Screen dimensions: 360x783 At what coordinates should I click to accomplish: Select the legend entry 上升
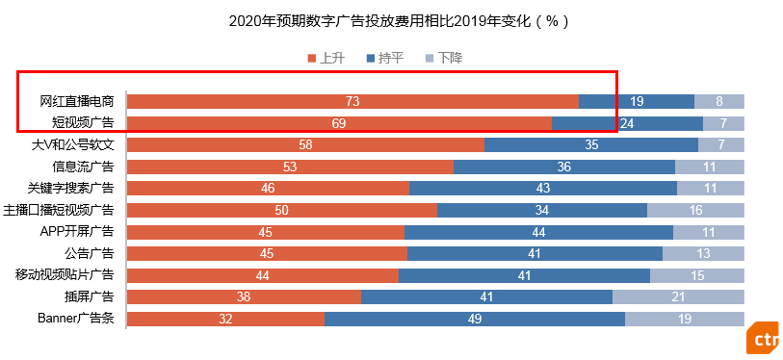tap(326, 59)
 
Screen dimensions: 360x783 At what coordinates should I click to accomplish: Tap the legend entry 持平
tap(385, 59)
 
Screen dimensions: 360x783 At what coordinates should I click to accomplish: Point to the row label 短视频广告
tap(83, 122)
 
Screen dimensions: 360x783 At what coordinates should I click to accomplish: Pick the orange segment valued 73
tap(352, 101)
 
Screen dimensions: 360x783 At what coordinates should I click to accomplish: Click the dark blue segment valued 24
tap(627, 123)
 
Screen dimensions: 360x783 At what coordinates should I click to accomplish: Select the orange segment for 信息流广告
tap(290, 167)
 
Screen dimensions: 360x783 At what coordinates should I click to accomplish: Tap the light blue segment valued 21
tap(678, 296)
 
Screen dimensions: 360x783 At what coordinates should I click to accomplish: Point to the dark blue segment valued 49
tap(475, 319)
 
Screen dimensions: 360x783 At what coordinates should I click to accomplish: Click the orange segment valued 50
tap(281, 210)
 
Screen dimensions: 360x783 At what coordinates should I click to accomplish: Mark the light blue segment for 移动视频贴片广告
tap(697, 275)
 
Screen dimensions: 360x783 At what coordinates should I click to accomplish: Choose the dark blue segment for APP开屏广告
tap(538, 232)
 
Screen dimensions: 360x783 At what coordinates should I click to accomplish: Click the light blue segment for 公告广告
tap(703, 253)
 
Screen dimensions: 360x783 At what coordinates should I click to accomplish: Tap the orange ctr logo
tap(764, 337)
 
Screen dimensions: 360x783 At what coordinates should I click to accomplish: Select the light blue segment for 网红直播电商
tap(719, 101)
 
